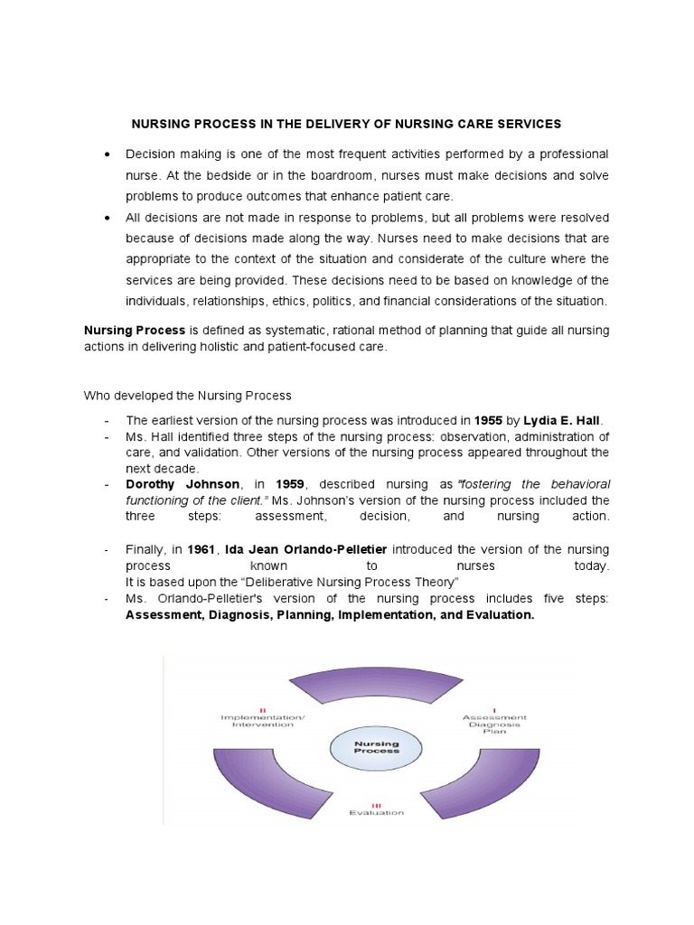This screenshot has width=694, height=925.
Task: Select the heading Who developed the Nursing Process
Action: click(x=188, y=395)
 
